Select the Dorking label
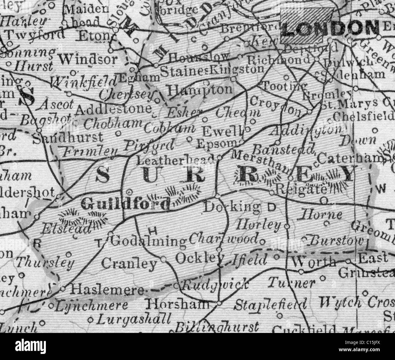pyautogui.click(x=233, y=207)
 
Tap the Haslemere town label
pyautogui.click(x=107, y=290)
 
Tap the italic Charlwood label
pyautogui.click(x=224, y=239)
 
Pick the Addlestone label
pyautogui.click(x=113, y=108)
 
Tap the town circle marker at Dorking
pyautogui.click(x=217, y=195)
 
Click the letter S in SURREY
pyautogui.click(x=103, y=175)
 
